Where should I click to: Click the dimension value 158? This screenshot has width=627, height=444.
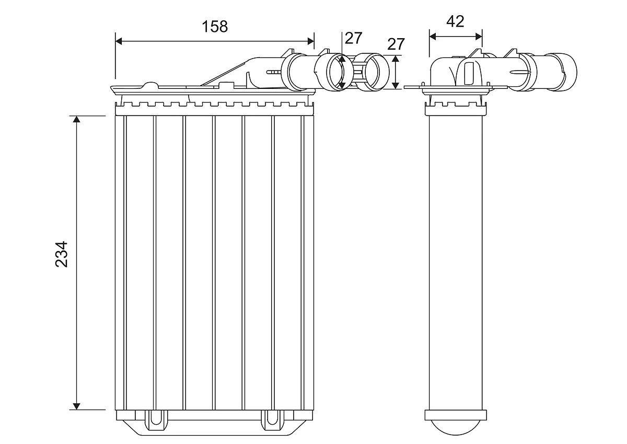coord(215,26)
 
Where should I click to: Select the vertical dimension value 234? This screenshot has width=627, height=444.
coord(62,254)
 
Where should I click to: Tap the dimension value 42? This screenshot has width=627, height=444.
coord(455,21)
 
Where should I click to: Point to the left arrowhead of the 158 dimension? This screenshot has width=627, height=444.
coord(119,40)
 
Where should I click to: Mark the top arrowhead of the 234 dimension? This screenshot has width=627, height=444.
coord(77,120)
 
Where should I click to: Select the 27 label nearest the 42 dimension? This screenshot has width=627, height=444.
coord(396,44)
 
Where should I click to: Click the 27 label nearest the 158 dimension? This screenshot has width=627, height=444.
coord(353,38)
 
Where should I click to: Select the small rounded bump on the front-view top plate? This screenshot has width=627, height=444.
coord(150,85)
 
